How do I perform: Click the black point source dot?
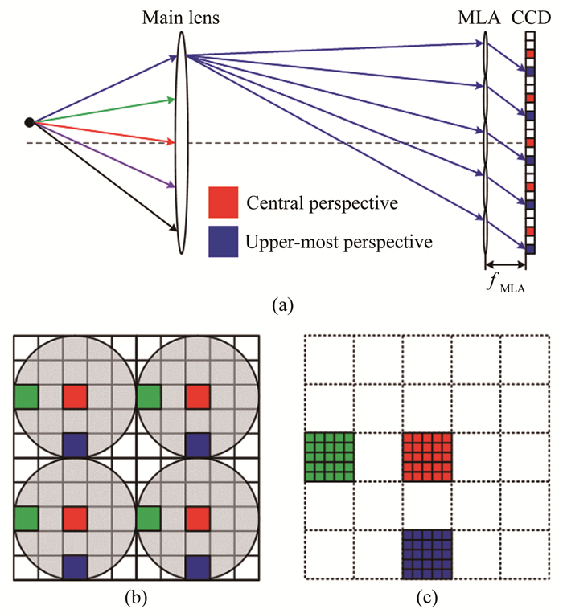click(30, 122)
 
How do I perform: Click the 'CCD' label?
click(530, 17)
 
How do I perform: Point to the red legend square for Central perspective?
click(223, 202)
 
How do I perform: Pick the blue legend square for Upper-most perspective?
click(223, 240)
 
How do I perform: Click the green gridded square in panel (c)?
click(330, 458)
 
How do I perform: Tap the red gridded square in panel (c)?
click(428, 458)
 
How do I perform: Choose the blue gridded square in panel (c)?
click(428, 555)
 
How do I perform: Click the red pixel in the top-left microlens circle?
click(76, 396)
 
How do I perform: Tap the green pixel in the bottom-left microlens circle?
click(26, 519)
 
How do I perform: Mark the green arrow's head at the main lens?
click(172, 100)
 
